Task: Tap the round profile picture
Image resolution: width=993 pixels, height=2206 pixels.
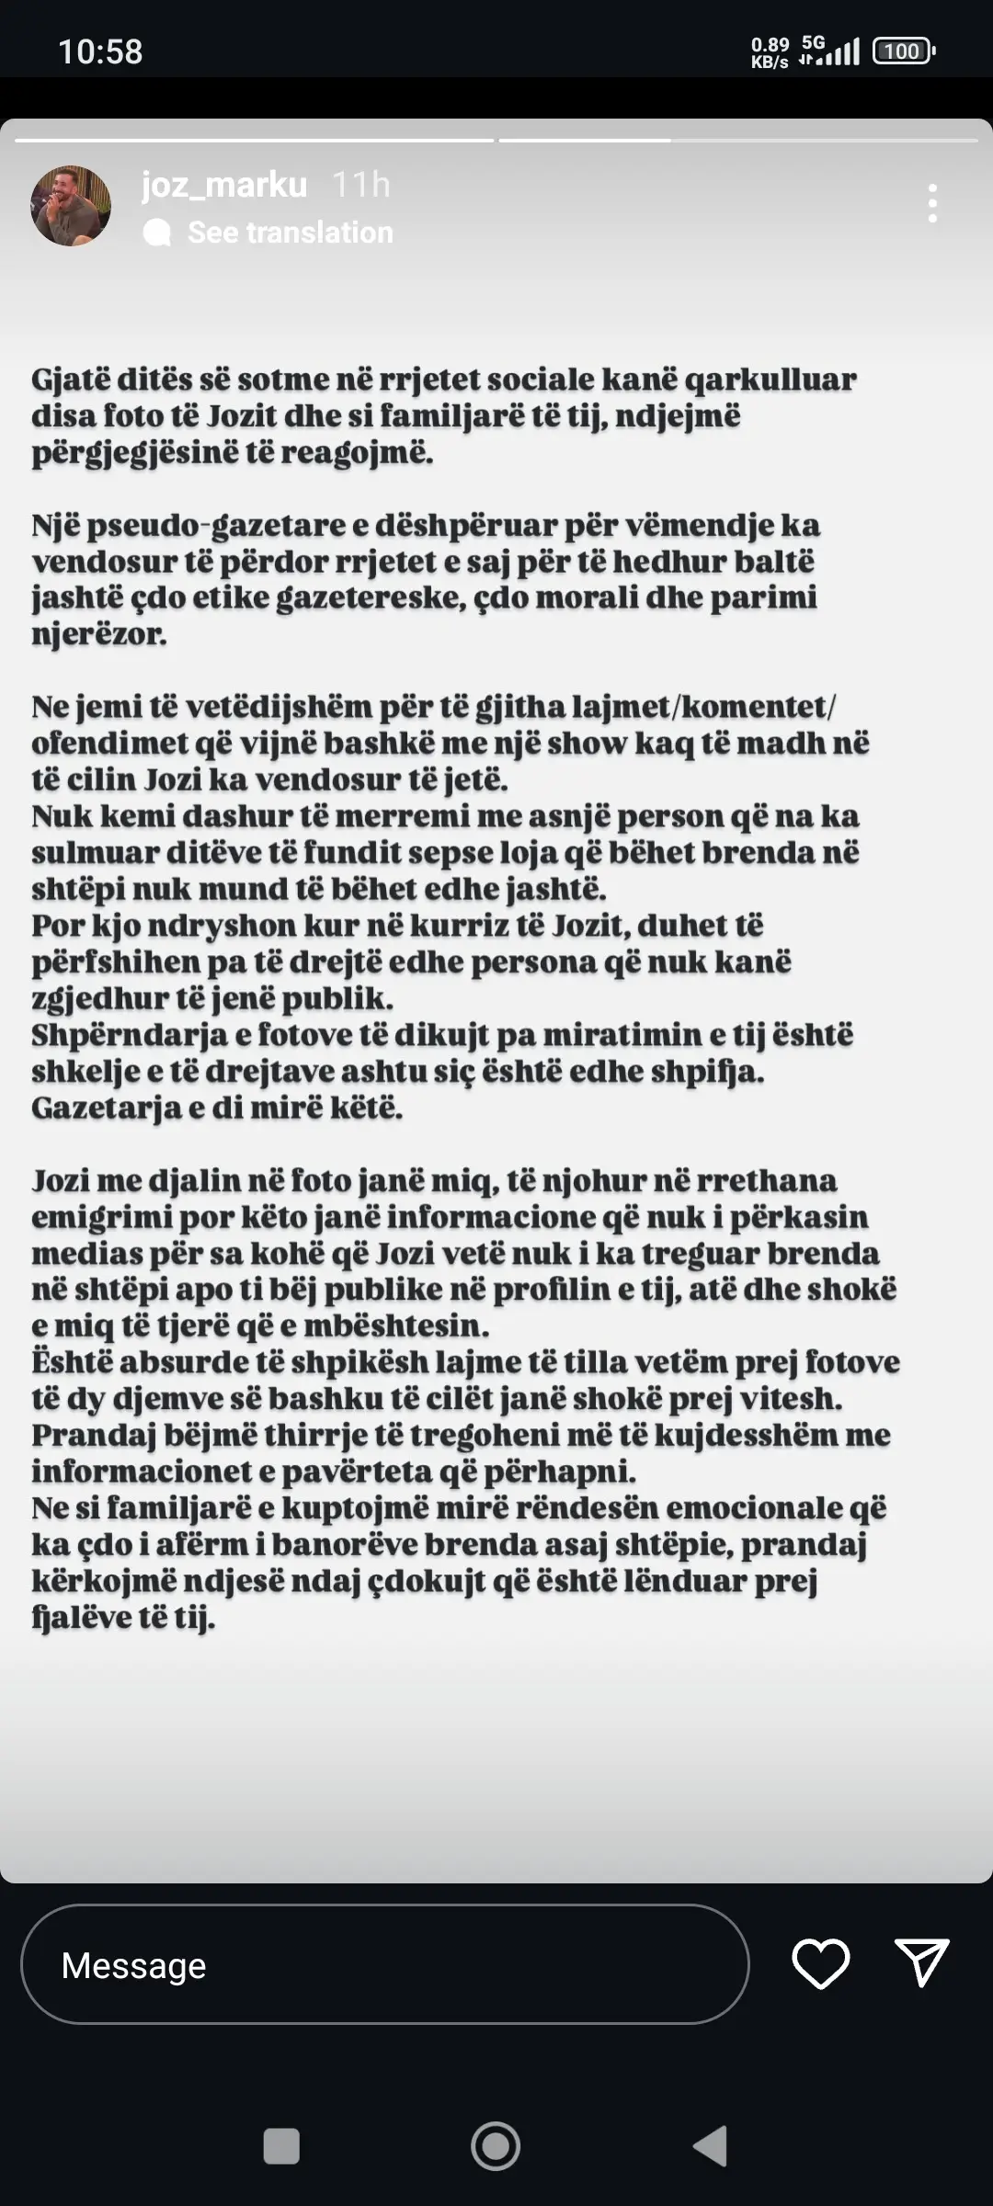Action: [x=71, y=206]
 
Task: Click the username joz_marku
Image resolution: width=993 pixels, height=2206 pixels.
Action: [x=224, y=186]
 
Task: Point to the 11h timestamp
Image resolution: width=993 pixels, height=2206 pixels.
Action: [x=360, y=186]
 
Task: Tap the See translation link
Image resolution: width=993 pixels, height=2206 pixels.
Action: [x=290, y=233]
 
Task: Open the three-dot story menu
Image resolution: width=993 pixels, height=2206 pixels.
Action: [x=932, y=203]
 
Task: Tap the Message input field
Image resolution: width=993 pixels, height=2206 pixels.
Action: [x=384, y=1965]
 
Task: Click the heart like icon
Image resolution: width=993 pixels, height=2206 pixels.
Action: [x=820, y=1964]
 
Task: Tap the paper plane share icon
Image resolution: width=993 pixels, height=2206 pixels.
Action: [x=921, y=1964]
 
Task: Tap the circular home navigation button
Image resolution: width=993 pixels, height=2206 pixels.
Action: [x=496, y=2146]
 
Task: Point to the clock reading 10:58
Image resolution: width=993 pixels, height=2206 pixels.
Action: [x=100, y=51]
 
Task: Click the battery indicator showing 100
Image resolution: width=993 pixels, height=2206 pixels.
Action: [x=902, y=51]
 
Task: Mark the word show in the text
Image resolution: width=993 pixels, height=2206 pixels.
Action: [x=585, y=744]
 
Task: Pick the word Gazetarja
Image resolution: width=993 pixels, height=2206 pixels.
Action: [x=105, y=1108]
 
